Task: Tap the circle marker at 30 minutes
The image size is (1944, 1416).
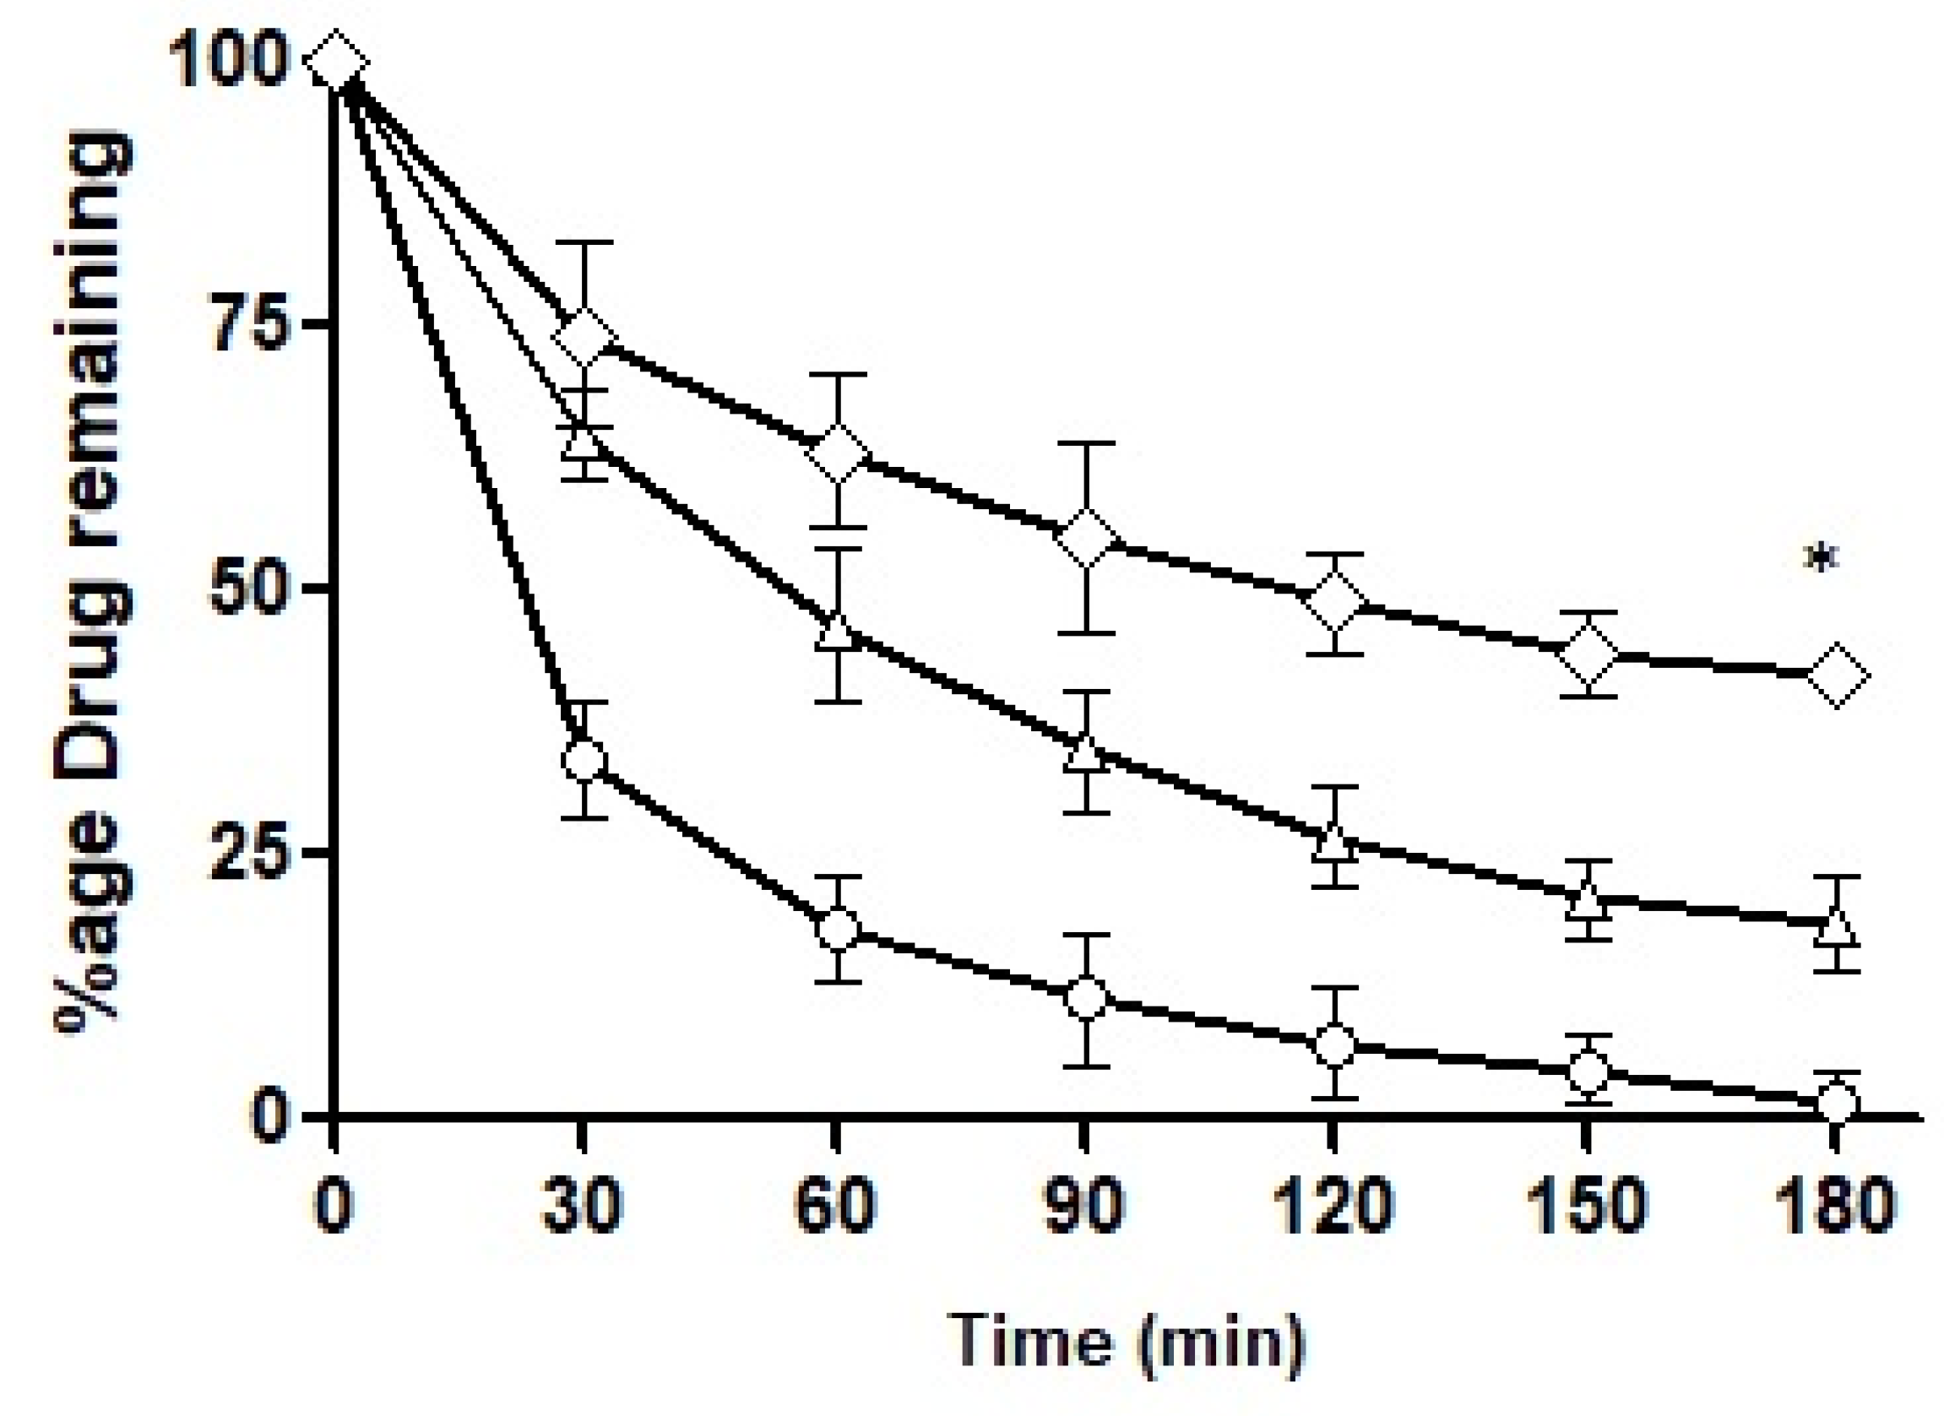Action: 584,759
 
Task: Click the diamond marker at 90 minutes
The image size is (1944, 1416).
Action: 1087,539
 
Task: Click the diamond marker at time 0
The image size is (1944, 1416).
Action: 335,62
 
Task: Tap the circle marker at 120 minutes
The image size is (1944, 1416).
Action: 1334,1044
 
